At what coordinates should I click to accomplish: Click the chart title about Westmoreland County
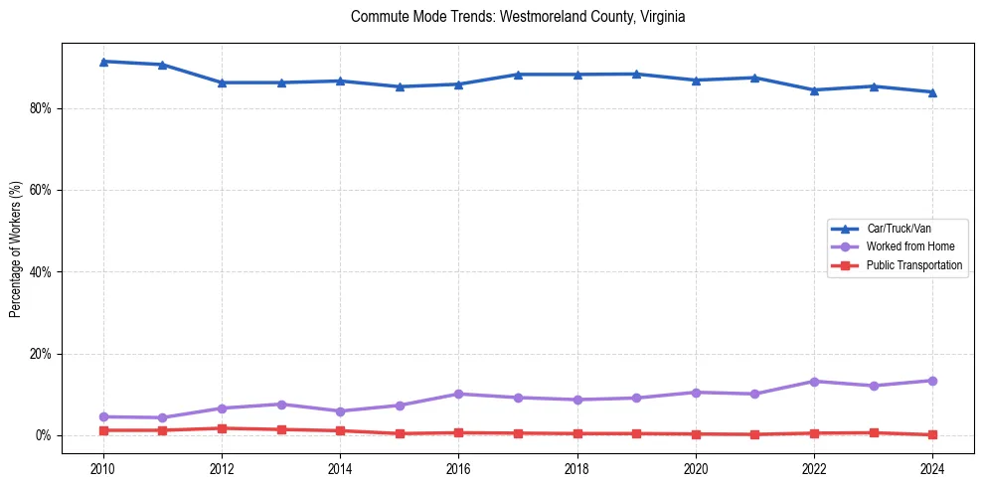point(518,17)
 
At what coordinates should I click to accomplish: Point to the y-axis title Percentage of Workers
point(15,248)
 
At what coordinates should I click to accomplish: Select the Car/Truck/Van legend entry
point(899,229)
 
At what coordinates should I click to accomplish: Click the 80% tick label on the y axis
point(40,108)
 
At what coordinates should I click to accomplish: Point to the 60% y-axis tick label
point(40,190)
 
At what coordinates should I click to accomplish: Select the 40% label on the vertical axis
point(40,271)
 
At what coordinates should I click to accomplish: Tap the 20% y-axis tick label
point(40,354)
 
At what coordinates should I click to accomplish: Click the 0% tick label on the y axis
point(43,435)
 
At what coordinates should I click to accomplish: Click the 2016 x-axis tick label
point(458,466)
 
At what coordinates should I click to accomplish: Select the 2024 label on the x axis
point(932,466)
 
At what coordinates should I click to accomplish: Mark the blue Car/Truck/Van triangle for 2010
point(103,62)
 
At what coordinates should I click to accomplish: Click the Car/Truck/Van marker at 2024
point(932,91)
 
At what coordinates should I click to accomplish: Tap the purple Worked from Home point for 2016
point(458,394)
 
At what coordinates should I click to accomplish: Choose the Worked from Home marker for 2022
point(814,381)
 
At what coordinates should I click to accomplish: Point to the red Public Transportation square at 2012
point(222,428)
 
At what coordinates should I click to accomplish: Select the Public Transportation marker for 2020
point(696,433)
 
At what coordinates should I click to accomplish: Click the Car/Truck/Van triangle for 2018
point(577,75)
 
